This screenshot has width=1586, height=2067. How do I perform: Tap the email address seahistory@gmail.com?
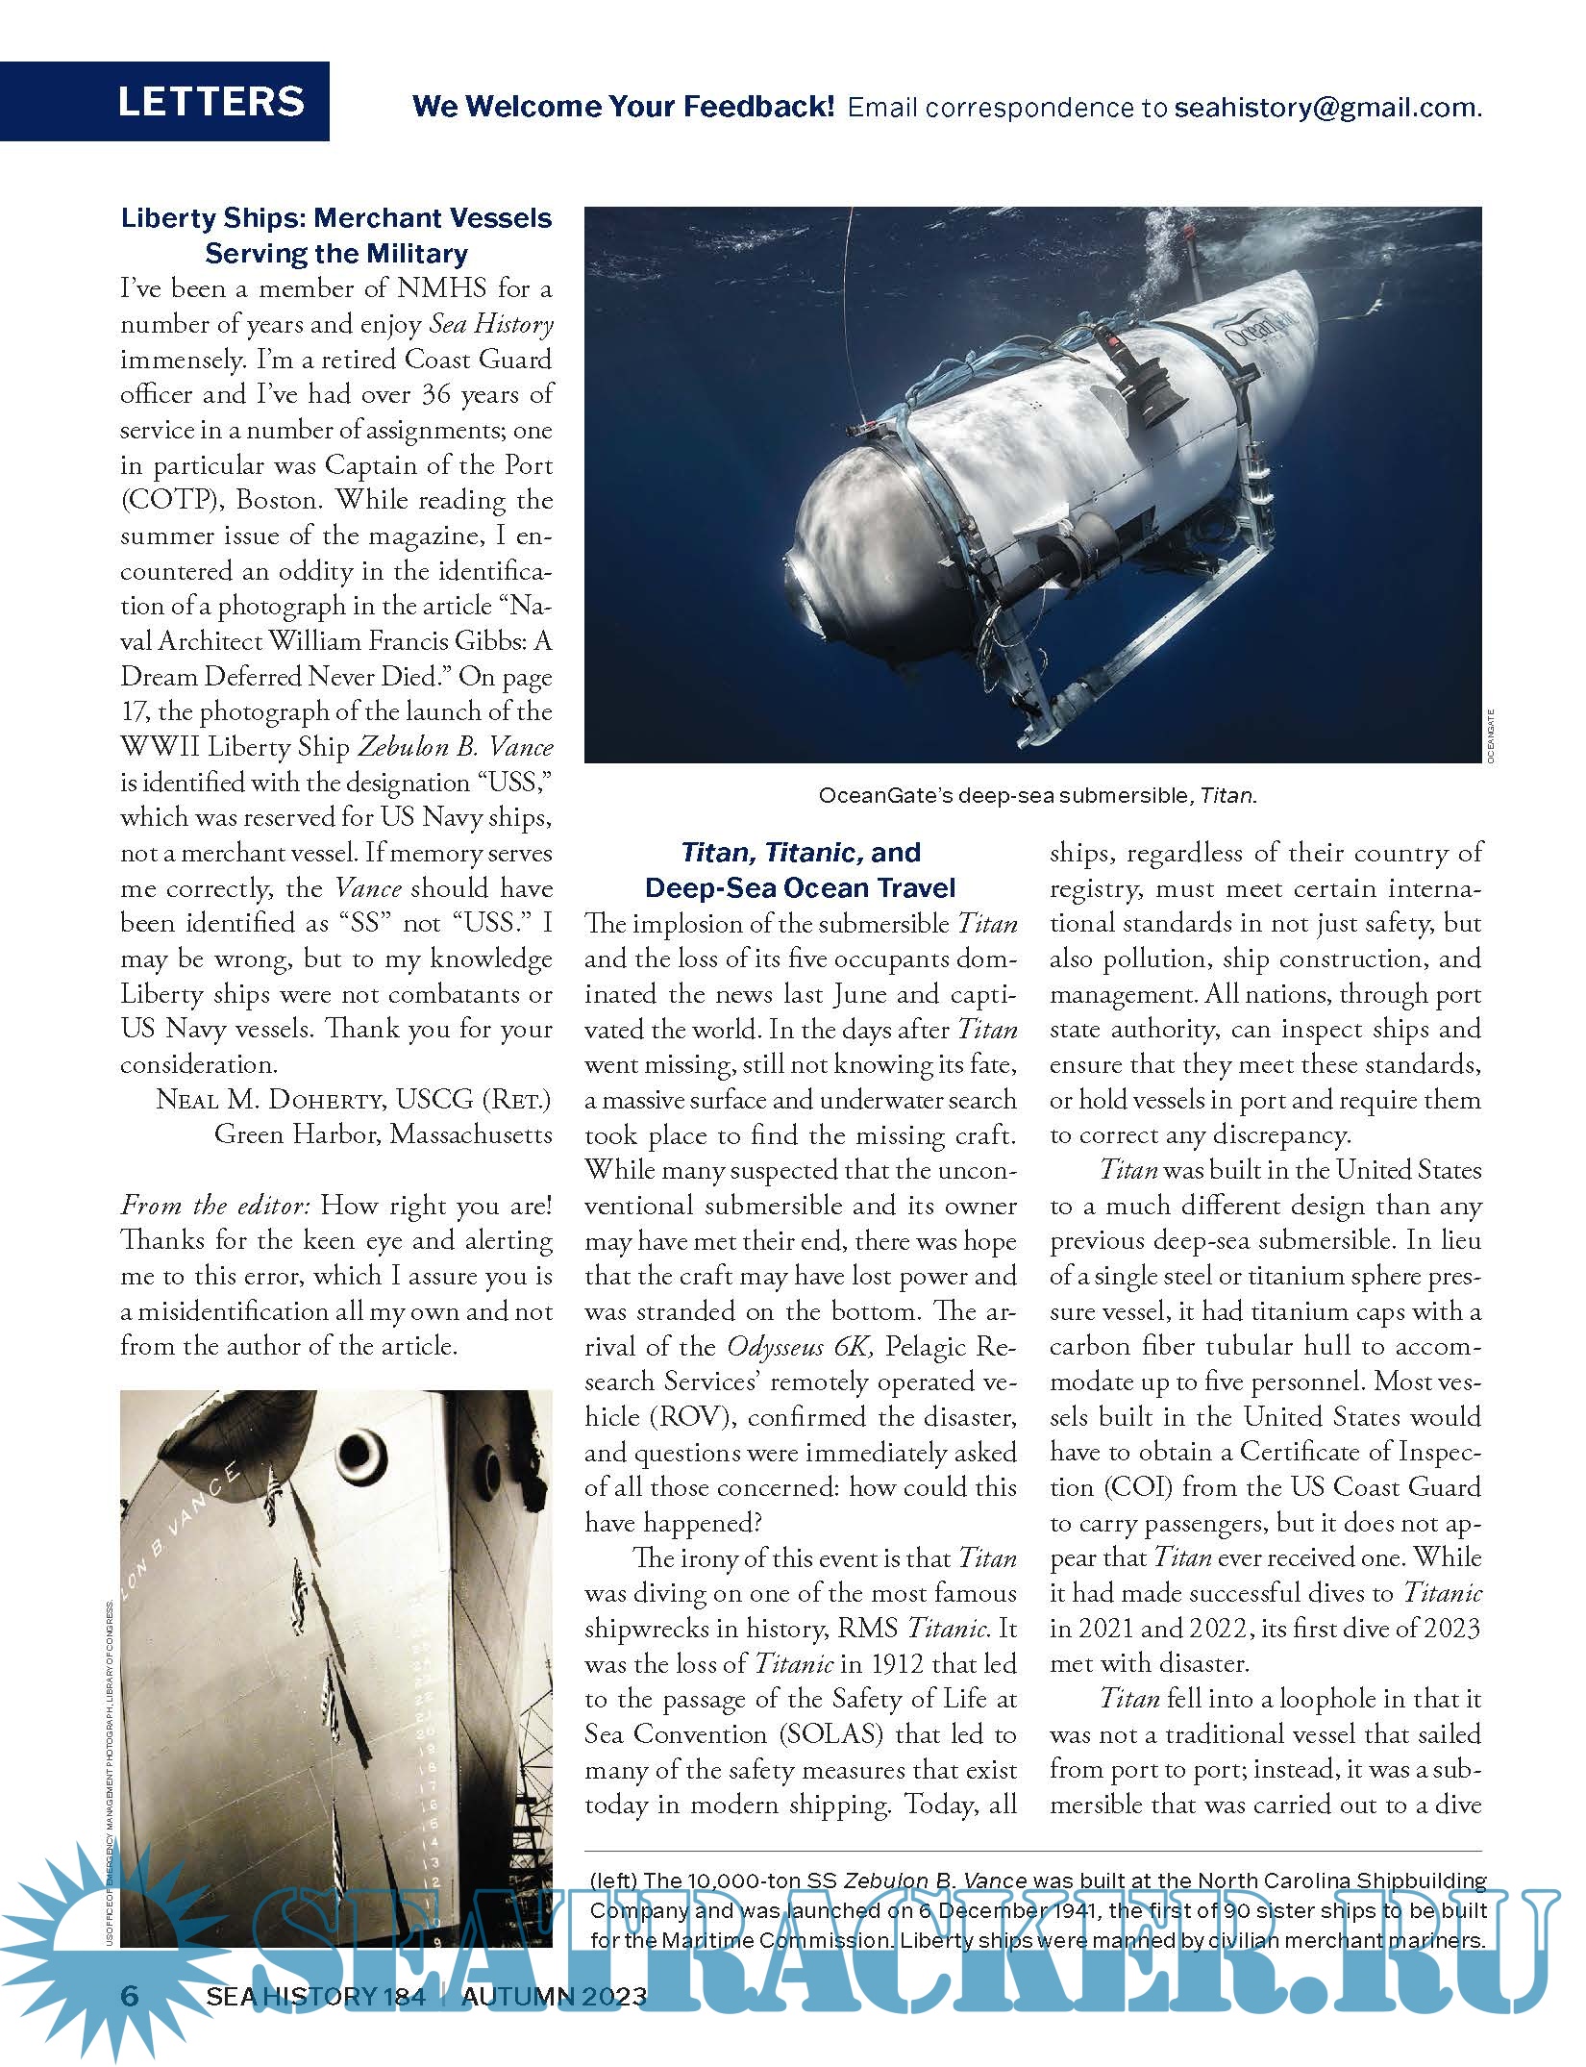pos(1326,107)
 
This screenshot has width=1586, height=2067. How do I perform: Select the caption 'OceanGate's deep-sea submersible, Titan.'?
pos(1037,795)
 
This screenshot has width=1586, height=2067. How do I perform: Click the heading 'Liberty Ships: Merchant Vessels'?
pos(336,218)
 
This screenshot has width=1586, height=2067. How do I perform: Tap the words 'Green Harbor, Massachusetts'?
pos(384,1134)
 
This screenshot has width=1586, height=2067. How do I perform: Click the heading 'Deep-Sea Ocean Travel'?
pos(801,887)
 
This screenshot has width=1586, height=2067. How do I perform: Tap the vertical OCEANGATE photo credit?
pos(1490,735)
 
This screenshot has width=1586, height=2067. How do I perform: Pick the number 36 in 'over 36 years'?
pos(435,394)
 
